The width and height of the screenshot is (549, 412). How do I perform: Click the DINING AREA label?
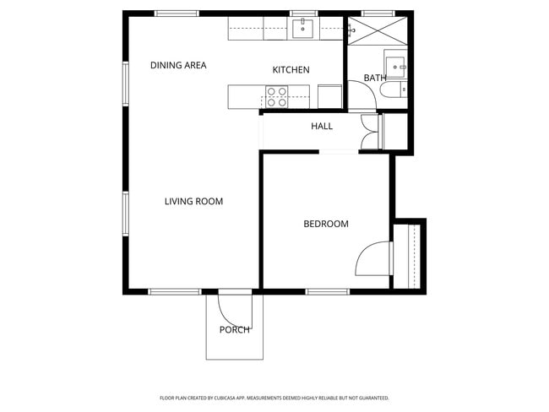tap(178, 66)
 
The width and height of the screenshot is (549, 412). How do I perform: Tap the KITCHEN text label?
tap(291, 70)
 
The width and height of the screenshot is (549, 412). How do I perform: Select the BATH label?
tap(374, 79)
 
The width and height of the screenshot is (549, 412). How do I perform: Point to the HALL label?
tap(322, 127)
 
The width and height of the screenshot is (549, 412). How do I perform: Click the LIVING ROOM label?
tap(193, 202)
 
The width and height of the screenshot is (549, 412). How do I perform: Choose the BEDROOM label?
tap(326, 225)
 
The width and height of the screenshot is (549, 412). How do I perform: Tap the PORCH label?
tap(234, 330)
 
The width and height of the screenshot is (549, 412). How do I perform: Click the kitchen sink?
tap(302, 30)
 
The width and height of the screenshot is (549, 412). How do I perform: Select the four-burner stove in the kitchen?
tap(276, 97)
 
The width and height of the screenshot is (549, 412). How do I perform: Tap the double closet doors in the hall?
tap(370, 133)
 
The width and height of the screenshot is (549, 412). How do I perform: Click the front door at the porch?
tap(233, 304)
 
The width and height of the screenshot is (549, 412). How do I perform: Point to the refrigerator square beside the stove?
tap(329, 96)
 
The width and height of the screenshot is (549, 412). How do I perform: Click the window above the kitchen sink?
tap(302, 14)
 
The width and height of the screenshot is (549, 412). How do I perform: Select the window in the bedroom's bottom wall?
tap(328, 292)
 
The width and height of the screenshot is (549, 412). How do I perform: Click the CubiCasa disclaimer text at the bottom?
tap(274, 398)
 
